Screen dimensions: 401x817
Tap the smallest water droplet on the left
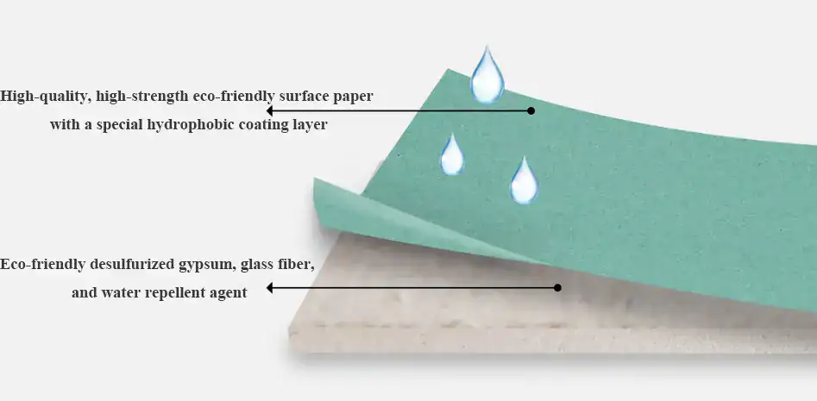[x=451, y=156]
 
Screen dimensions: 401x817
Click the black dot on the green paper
[x=531, y=110]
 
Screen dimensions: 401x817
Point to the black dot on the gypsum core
[x=557, y=287]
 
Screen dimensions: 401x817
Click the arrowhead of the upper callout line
[x=270, y=110]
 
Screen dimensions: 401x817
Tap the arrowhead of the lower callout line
[x=270, y=288]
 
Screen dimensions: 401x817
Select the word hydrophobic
[x=187, y=124]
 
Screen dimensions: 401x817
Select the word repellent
[x=169, y=292]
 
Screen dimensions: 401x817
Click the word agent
[x=227, y=292]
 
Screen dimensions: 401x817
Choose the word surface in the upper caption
[x=304, y=96]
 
